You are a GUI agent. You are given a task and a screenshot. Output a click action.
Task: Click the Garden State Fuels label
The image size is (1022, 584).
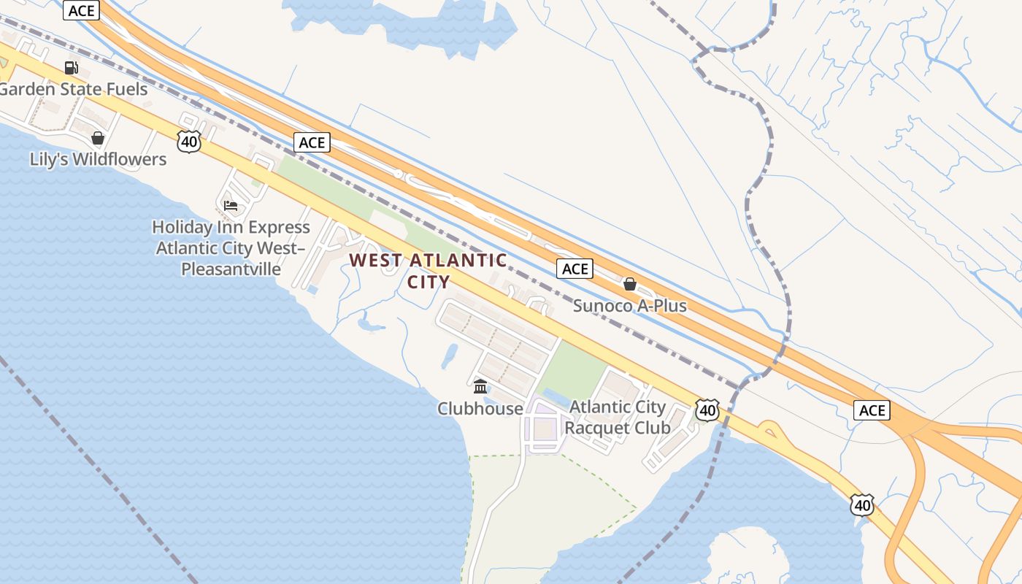pos(74,90)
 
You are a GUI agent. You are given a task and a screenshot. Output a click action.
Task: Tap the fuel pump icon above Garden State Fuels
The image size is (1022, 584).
pos(72,68)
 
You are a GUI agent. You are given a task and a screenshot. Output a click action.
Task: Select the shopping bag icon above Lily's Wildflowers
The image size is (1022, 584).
pos(98,138)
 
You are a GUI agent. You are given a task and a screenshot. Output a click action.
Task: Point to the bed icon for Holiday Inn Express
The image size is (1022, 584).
pos(231,206)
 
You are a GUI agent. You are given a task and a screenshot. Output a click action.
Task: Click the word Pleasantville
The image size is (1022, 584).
pos(231,269)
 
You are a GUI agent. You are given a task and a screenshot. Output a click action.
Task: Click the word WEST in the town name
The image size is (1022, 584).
pos(375,261)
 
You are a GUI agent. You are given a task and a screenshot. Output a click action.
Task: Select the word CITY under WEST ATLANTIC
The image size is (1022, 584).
pos(429,282)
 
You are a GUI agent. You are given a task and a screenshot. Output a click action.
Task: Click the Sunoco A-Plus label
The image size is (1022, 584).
pos(629,306)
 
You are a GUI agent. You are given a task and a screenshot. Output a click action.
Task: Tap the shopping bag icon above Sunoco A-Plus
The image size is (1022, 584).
pos(630,284)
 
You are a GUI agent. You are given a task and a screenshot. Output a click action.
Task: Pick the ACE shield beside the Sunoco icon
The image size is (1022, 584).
pos(575,269)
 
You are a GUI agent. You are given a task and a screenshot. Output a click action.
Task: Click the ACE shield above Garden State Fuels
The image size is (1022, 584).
pos(81,11)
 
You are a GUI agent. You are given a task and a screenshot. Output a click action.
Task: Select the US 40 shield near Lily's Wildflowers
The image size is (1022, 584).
pos(189,141)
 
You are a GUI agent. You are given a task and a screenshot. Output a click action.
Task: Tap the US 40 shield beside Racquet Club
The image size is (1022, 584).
pos(707,410)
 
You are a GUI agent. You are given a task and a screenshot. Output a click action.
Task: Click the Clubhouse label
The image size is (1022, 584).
pos(480,409)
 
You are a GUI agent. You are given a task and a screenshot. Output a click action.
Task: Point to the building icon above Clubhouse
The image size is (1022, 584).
pos(480,386)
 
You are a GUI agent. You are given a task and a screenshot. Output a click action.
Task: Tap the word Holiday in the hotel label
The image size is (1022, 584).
pos(182,227)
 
